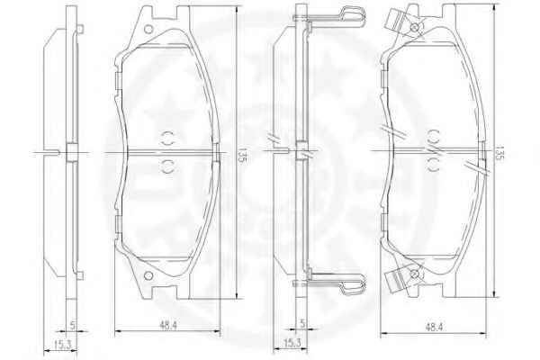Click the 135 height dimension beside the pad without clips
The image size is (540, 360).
[241, 155]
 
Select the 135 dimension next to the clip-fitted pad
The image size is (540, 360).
[499, 153]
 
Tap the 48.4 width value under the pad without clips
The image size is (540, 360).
[168, 325]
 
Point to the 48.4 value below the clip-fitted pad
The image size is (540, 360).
[434, 327]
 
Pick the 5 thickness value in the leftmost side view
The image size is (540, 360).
[72, 325]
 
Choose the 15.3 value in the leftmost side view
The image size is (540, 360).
[62, 344]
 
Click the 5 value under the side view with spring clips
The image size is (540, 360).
[302, 323]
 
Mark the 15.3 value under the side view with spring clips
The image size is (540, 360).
[292, 342]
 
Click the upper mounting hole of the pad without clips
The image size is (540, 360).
[148, 30]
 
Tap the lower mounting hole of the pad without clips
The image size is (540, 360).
[148, 275]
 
